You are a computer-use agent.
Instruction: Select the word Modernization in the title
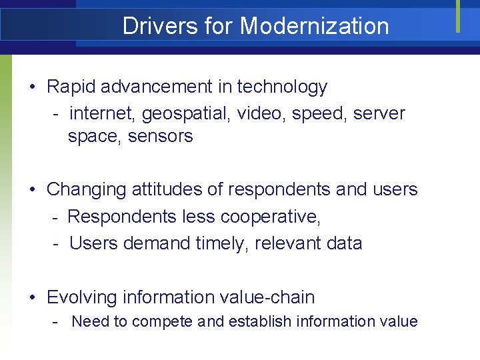pos(314,26)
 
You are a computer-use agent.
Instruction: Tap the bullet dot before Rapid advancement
pos(33,87)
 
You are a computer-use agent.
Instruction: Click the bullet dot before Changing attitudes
pos(33,190)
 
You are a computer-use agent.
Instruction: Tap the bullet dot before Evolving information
pos(33,298)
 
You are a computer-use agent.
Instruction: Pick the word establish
pos(260,321)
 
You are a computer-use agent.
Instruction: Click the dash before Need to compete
pos(58,322)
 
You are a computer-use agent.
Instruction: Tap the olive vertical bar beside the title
pos(458,16)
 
